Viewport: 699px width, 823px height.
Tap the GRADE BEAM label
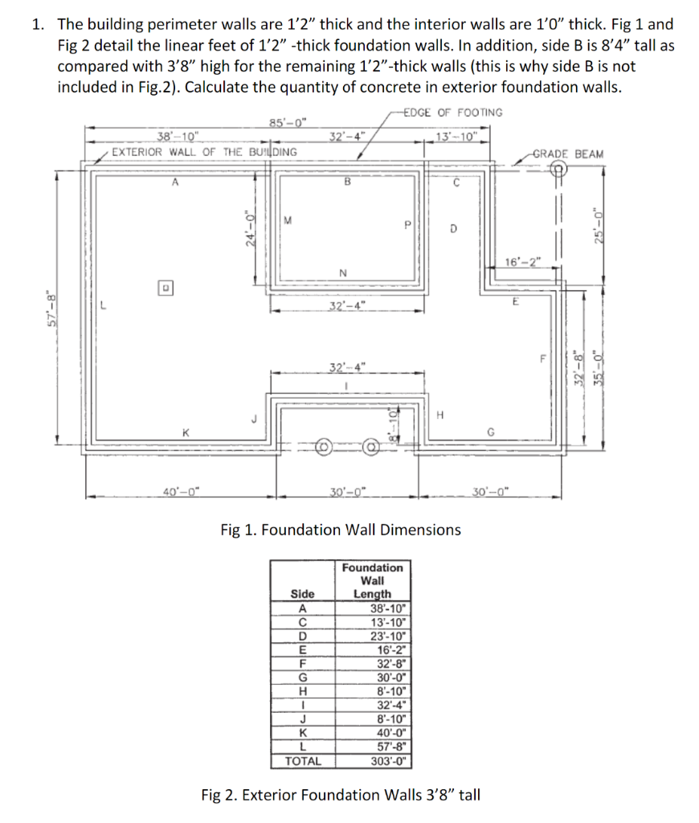click(x=568, y=154)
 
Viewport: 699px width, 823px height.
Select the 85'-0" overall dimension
click(x=288, y=124)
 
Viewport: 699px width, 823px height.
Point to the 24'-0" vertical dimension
click(x=250, y=228)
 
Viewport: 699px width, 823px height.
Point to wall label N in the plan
click(x=344, y=272)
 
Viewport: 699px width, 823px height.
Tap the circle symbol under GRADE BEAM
click(x=558, y=169)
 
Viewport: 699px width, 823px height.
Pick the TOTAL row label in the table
click(x=303, y=760)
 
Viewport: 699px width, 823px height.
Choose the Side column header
click(x=302, y=594)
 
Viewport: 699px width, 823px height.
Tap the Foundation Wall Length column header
click(x=372, y=580)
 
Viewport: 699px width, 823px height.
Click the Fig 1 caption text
click(x=341, y=530)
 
